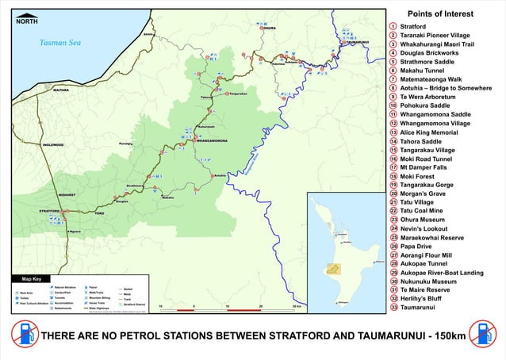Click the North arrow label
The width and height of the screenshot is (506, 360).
tap(26, 21)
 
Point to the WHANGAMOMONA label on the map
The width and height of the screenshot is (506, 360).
tap(211, 140)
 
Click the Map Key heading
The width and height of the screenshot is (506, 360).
tap(32, 279)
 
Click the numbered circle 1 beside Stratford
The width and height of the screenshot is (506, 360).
tap(393, 27)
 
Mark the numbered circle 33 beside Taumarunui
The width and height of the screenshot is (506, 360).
tap(393, 307)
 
